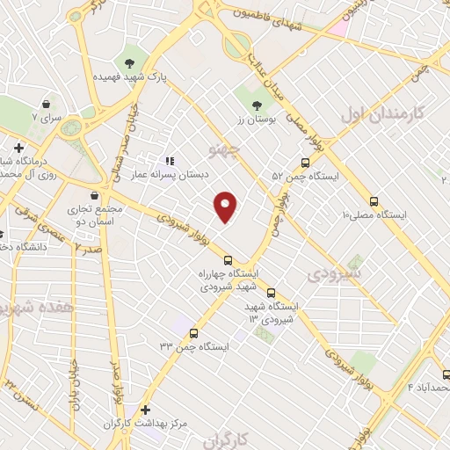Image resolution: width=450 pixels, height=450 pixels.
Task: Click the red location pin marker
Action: coord(226,207)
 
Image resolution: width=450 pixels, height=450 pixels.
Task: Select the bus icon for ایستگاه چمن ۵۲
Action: coord(305,163)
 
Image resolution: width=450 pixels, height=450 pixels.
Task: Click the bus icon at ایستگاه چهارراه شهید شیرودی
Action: coord(228,260)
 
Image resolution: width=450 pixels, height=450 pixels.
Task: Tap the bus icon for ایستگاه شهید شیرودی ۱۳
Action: coord(271,293)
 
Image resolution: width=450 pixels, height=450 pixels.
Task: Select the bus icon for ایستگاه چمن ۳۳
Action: coord(193,333)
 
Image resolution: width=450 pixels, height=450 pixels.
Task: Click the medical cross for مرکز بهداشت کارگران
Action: coord(146,410)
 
